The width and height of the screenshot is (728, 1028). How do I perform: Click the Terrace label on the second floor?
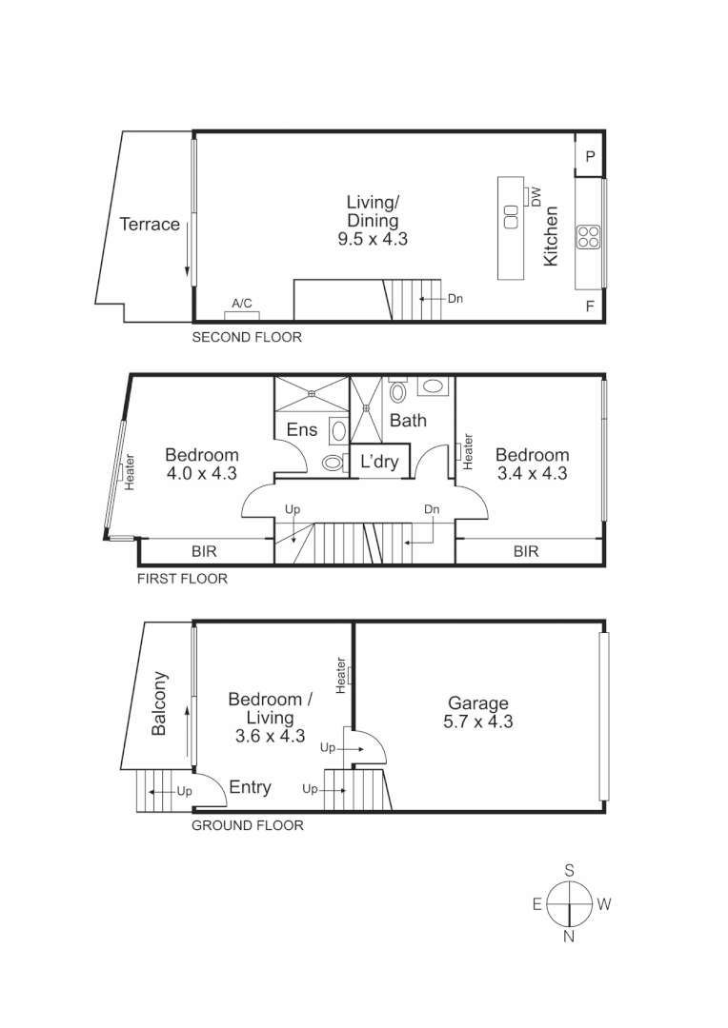[x=150, y=225]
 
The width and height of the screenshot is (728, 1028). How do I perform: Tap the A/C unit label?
[x=242, y=304]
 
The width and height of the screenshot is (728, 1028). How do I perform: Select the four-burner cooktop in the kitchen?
[x=588, y=236]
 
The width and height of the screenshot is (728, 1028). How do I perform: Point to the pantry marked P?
[x=590, y=157]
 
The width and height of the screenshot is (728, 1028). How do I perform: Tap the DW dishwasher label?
[x=536, y=197]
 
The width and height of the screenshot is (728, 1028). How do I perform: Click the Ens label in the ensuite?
[x=302, y=430]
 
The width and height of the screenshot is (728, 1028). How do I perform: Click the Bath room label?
[x=408, y=420]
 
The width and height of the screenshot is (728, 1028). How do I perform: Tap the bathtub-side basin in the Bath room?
[x=434, y=386]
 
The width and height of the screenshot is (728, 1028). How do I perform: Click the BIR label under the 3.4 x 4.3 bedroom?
[x=526, y=551]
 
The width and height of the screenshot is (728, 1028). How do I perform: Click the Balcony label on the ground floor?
[x=160, y=704]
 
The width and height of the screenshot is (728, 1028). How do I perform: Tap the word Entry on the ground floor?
[x=250, y=787]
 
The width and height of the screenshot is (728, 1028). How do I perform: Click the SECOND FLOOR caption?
[x=247, y=337]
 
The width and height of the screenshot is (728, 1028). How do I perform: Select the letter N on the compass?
[x=569, y=937]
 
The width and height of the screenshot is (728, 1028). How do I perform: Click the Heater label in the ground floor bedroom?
[x=340, y=675]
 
